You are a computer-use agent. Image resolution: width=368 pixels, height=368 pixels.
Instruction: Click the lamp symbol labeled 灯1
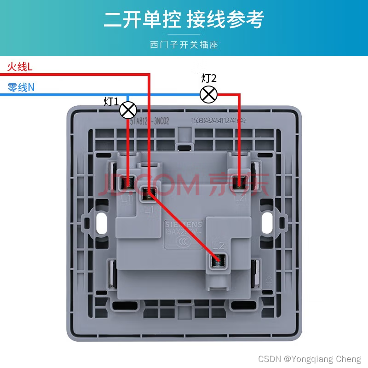coord(128,110)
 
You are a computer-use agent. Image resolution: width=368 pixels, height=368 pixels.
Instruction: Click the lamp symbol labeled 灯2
coord(208,94)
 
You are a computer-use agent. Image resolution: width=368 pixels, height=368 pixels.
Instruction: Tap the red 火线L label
coord(20,67)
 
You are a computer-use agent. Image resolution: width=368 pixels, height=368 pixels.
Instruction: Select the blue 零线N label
coord(21,87)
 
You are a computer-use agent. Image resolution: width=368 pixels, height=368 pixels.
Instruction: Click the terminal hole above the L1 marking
coord(148,194)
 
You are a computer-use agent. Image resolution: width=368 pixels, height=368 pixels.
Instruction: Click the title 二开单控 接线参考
coord(184,20)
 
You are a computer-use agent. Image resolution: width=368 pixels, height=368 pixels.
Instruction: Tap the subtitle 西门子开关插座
coord(184,45)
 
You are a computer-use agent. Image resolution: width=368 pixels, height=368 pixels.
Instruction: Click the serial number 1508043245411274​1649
coord(218,121)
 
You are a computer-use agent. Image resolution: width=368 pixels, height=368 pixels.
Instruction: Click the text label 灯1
coord(111,102)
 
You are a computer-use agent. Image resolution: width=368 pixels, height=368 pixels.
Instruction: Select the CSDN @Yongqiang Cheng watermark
coord(310,359)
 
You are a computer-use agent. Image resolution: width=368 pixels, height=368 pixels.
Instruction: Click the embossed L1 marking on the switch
coord(148,210)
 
